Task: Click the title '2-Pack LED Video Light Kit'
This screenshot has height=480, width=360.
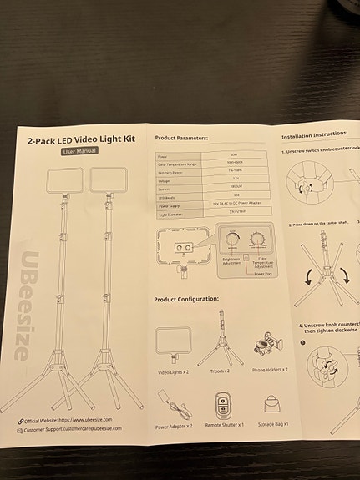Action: (79, 141)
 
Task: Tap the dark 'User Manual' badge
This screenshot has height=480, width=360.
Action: (79, 153)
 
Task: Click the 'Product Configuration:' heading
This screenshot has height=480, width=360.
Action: (186, 299)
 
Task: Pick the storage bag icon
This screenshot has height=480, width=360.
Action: (272, 404)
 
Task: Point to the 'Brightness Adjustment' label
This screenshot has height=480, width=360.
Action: (231, 262)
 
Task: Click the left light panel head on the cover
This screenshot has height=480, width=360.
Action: (65, 181)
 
